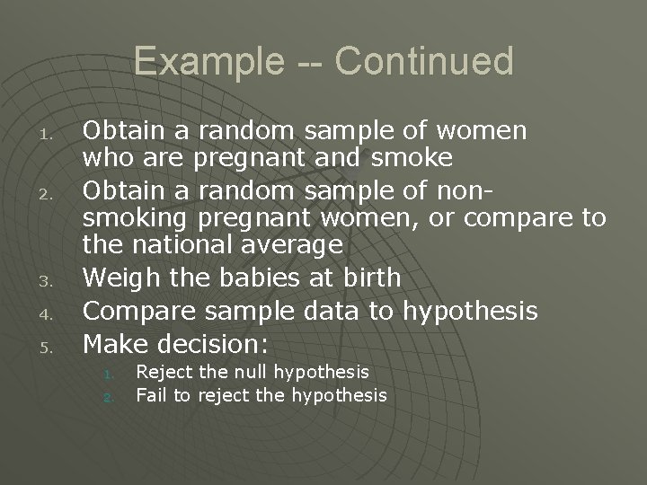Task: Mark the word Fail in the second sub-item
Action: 150,394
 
